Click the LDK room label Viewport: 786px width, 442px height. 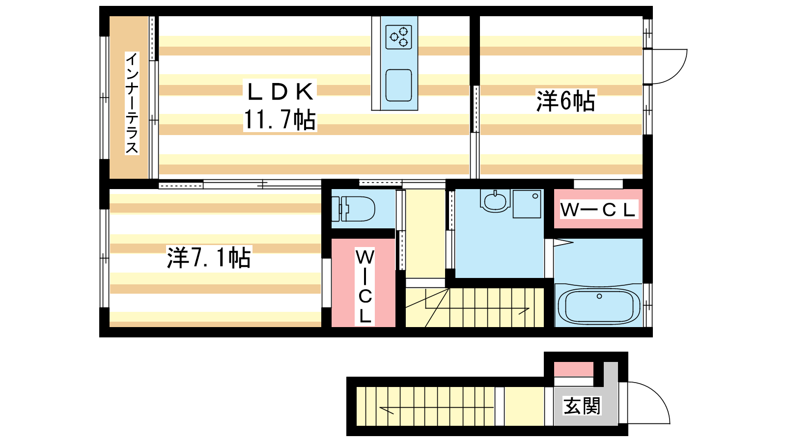click(280, 91)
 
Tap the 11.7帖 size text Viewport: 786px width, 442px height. click(280, 120)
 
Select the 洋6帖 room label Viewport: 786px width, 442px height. click(565, 101)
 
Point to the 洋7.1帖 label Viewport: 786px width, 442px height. click(209, 258)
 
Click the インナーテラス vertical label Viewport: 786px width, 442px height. click(132, 103)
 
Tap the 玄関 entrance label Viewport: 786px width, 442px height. click(582, 406)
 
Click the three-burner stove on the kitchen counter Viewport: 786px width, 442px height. click(398, 37)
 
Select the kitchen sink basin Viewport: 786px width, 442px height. click(398, 85)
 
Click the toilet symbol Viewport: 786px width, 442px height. click(353, 209)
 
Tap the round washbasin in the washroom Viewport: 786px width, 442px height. click(495, 201)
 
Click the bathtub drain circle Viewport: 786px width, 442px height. click(599, 297)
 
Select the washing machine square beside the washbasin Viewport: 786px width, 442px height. click(527, 204)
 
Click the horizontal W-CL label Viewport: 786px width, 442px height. click(598, 210)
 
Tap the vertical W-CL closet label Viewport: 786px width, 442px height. click(365, 286)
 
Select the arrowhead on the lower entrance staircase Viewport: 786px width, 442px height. click(386, 410)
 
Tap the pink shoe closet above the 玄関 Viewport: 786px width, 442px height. click(574, 369)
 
